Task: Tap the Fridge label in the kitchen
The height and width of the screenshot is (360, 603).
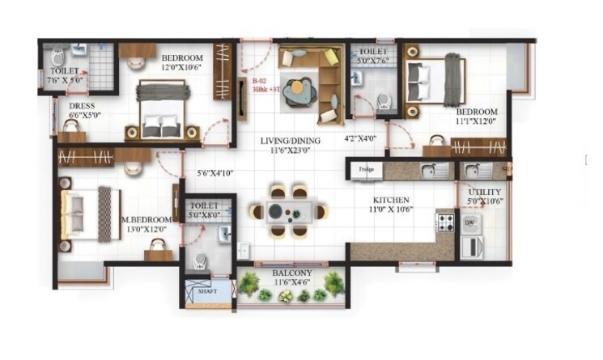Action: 366,169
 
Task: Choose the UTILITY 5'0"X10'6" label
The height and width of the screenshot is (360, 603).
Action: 485,197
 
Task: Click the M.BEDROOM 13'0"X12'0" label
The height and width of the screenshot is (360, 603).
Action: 146,224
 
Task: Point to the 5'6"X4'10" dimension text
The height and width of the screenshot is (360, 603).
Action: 215,173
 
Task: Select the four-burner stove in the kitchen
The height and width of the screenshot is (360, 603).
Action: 445,222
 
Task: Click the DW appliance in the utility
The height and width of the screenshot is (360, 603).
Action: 470,222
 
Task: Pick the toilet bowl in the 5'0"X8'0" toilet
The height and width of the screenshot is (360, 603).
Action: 199,261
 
